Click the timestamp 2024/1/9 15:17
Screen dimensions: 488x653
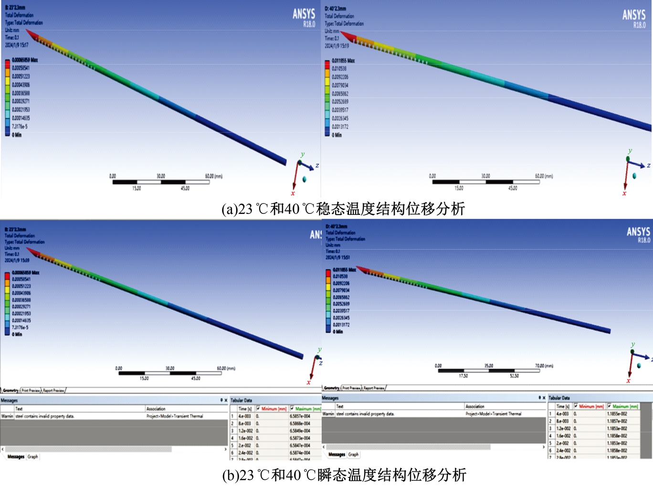(x=17, y=45)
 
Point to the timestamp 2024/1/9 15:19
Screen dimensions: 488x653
(x=337, y=46)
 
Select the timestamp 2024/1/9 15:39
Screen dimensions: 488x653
(x=17, y=260)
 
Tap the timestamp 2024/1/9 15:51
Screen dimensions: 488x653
(x=337, y=257)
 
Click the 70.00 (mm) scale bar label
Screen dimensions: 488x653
(x=544, y=366)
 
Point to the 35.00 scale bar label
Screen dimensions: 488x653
(x=489, y=366)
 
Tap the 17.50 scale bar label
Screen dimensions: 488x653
(x=463, y=376)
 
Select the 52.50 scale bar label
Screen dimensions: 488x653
(x=514, y=376)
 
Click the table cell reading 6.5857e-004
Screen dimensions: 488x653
(x=300, y=416)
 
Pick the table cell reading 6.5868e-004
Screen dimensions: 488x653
(x=300, y=423)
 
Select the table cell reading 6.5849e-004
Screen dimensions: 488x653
(x=300, y=431)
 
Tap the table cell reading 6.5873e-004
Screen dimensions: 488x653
(x=300, y=438)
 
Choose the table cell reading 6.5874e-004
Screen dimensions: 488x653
(x=300, y=453)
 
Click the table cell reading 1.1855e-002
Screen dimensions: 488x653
(x=617, y=414)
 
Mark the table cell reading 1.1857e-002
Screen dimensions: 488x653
(x=617, y=421)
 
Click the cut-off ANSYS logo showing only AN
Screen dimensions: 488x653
(x=316, y=234)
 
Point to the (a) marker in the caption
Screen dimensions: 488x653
(x=230, y=209)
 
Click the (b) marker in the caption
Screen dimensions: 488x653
(x=231, y=475)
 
